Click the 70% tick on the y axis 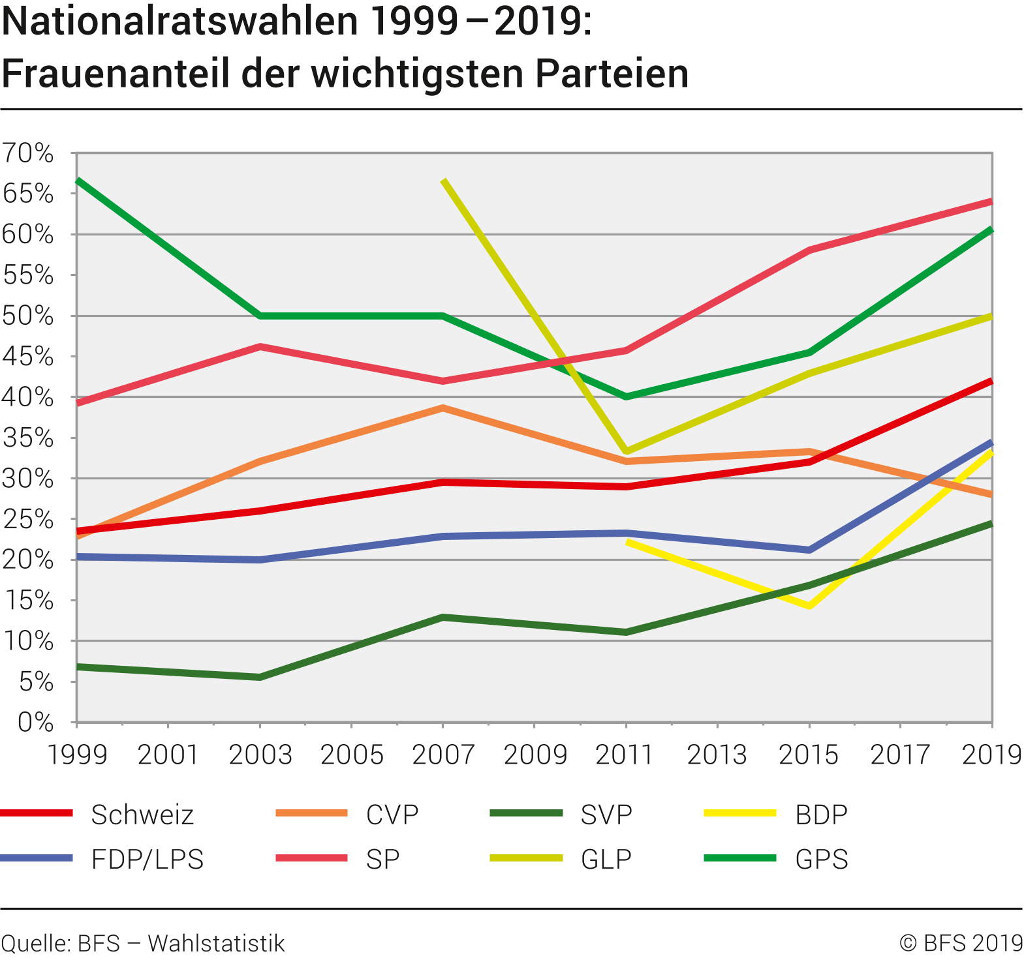click(x=28, y=153)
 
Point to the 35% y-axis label click(x=28, y=438)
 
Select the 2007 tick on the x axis click(x=443, y=755)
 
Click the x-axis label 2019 click(x=991, y=755)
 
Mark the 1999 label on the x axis click(x=78, y=755)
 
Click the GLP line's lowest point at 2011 click(x=627, y=451)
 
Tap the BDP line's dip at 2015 click(x=809, y=606)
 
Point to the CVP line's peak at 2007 click(x=443, y=408)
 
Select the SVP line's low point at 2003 click(x=260, y=677)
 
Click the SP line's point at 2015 click(x=809, y=250)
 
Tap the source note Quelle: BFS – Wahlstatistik click(x=143, y=943)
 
